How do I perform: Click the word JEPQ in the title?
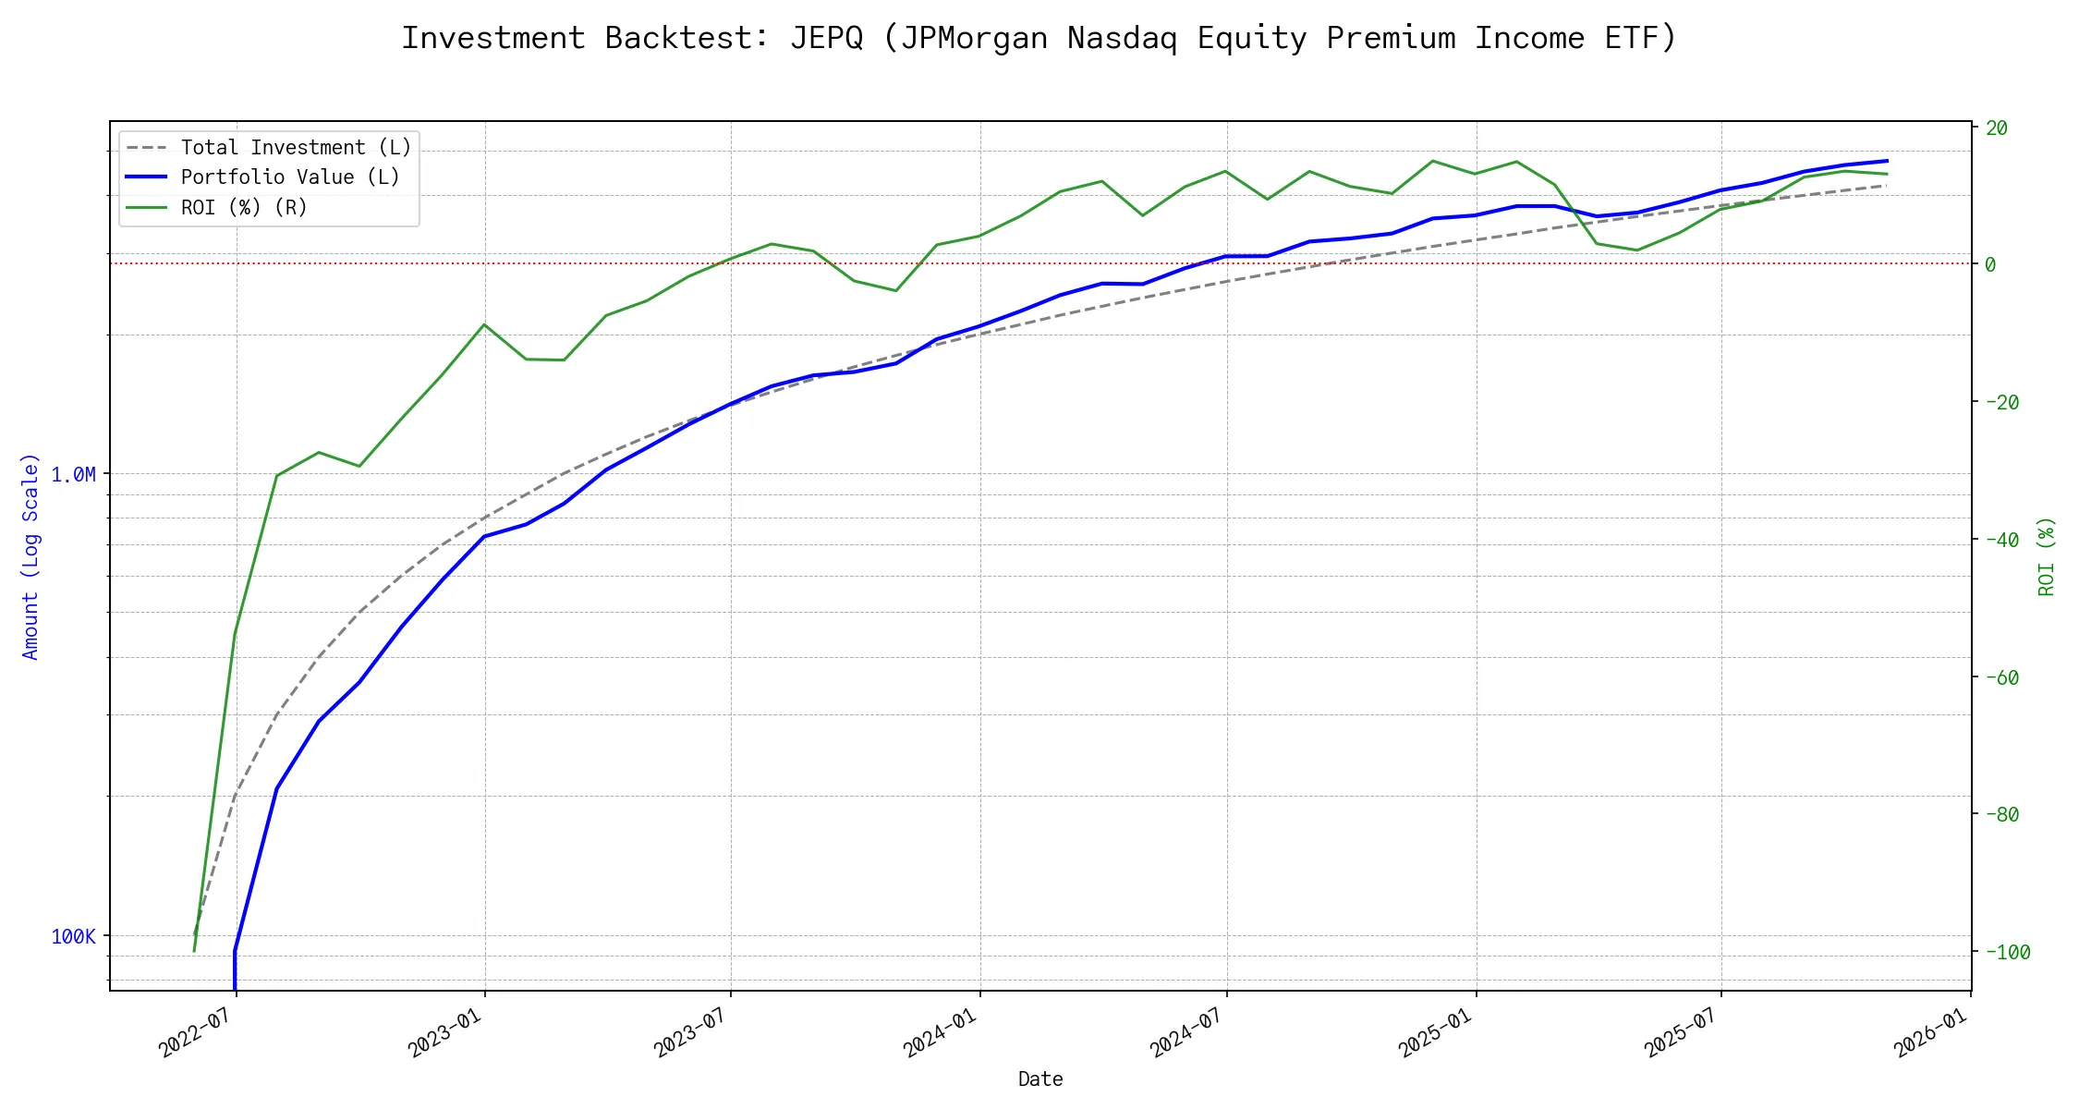(826, 38)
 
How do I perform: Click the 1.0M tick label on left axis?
(73, 475)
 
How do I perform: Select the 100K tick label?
(73, 937)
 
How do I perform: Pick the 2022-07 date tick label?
(195, 1032)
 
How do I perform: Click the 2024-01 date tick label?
(939, 1032)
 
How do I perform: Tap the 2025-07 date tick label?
(1681, 1032)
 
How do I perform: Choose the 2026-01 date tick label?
(1930, 1032)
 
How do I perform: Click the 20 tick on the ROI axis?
(1997, 128)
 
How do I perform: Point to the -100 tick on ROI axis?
(2007, 953)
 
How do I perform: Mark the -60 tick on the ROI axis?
(2001, 677)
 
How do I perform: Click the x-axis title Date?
(1040, 1079)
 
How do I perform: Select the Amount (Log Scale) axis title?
(30, 556)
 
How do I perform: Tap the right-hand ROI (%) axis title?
(2047, 556)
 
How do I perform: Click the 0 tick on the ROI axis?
(1990, 264)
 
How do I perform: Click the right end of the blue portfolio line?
(1887, 161)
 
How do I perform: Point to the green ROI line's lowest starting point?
(194, 951)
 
